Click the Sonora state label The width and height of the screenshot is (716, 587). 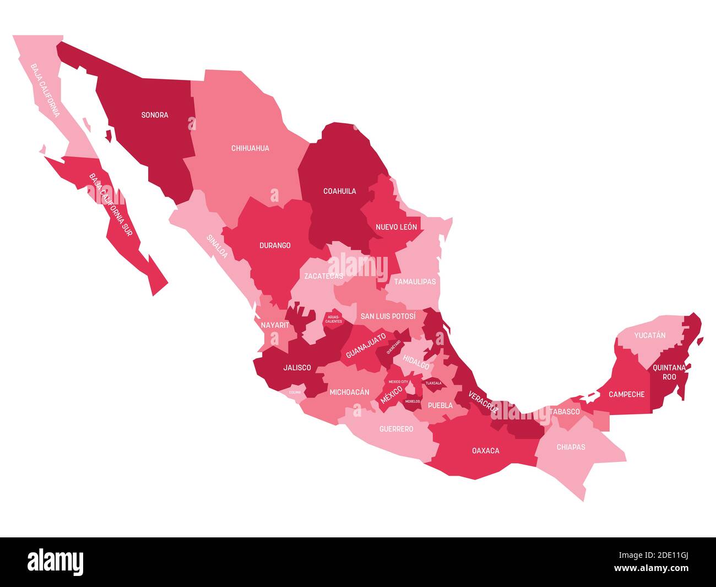pos(155,115)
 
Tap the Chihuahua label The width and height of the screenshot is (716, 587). pos(250,148)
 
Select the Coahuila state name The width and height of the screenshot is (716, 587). pos(339,191)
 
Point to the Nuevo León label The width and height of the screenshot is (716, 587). pos(397,227)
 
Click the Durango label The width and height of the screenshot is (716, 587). pos(275,245)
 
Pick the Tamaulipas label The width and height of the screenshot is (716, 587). pos(414,282)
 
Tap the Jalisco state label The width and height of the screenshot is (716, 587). pos(297,368)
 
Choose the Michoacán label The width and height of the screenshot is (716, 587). pos(349,392)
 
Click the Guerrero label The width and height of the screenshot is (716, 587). pos(396,429)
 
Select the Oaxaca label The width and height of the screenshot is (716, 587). pos(486,451)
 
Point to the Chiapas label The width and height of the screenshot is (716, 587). pos(571,447)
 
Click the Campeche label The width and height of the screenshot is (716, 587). pos(626,395)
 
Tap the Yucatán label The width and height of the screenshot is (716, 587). pos(649,335)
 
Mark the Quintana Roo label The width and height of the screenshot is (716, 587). pos(669,372)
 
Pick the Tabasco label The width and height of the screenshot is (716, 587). pos(565,412)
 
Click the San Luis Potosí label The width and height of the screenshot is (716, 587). pos(388,317)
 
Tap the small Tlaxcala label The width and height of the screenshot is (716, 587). pos(433,383)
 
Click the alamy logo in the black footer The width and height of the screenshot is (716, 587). pos(56,562)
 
